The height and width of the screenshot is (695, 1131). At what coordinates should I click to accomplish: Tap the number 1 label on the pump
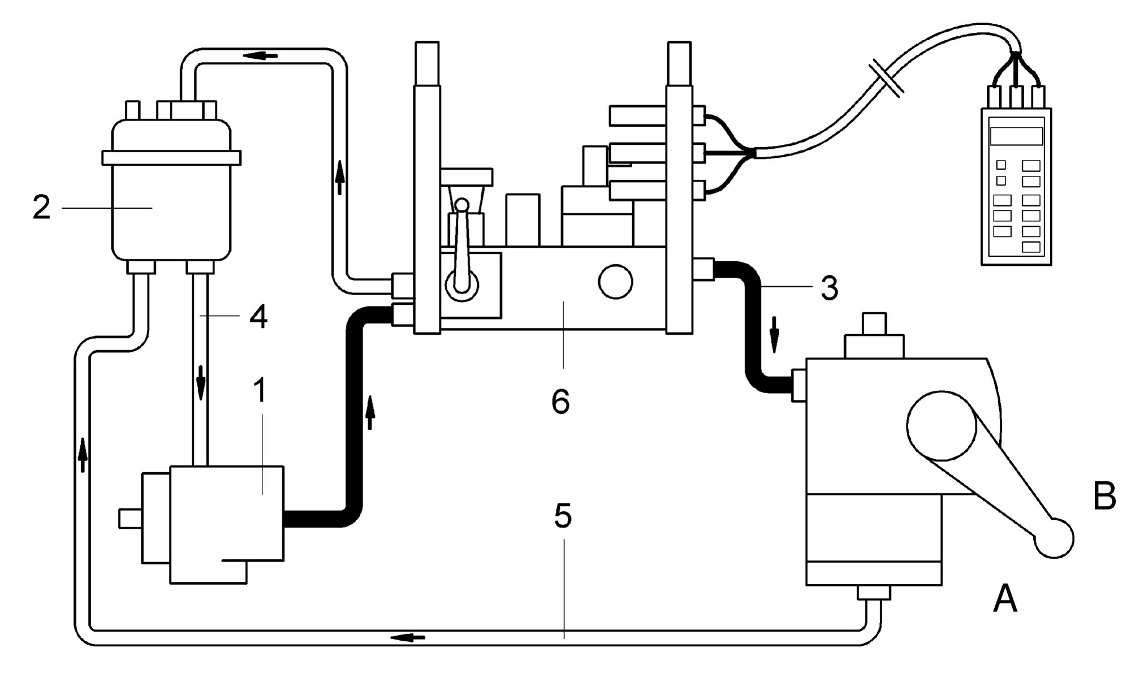[x=260, y=390]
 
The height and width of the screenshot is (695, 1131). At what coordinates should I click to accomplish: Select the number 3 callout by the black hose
[x=829, y=288]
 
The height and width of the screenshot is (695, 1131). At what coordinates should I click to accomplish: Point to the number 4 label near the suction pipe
[x=258, y=317]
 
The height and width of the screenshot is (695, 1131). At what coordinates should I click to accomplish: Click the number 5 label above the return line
[x=563, y=516]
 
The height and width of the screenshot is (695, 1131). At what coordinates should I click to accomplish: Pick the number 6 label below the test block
[x=560, y=402]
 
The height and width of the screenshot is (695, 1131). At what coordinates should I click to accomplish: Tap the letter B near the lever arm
[x=1104, y=496]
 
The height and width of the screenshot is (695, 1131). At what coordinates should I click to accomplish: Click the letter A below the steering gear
[x=1005, y=599]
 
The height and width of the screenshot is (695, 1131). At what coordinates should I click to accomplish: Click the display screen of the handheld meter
[x=1016, y=136]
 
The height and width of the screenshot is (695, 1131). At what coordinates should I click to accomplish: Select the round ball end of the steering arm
[x=1054, y=538]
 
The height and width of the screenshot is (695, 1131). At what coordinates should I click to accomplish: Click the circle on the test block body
[x=615, y=282]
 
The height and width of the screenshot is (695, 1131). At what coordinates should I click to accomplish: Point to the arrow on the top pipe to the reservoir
[x=260, y=55]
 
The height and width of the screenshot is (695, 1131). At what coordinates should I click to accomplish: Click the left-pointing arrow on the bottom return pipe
[x=408, y=637]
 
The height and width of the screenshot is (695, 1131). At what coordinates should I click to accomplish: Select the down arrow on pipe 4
[x=200, y=382]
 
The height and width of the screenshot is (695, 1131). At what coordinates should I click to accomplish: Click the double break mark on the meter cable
[x=887, y=77]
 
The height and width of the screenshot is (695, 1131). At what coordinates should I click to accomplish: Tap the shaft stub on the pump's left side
[x=130, y=519]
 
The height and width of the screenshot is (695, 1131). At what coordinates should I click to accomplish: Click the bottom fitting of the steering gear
[x=874, y=593]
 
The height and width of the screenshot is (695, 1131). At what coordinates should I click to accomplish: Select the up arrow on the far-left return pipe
[x=83, y=454]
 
